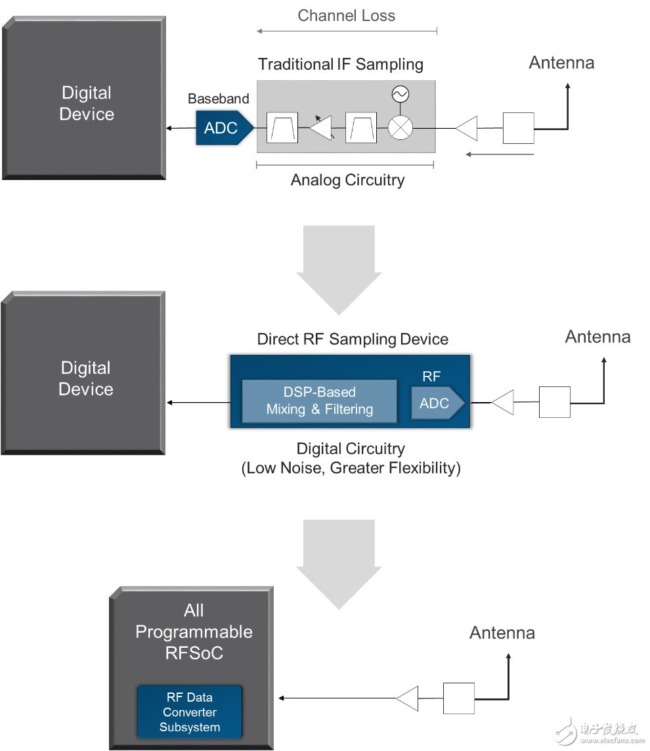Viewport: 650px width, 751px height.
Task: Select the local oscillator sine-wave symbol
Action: (399, 95)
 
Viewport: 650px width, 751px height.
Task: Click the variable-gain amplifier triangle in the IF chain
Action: (322, 127)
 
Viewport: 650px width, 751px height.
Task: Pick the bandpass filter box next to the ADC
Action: (282, 127)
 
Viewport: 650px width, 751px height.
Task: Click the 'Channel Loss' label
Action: (346, 15)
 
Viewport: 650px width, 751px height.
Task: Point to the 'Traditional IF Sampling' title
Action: (340, 64)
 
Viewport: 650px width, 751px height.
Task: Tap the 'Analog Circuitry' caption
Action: (347, 180)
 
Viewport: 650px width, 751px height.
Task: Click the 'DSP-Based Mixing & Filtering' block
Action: (319, 401)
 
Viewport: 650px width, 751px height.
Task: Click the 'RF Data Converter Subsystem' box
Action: (189, 712)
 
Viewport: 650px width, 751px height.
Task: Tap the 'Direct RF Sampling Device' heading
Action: (352, 339)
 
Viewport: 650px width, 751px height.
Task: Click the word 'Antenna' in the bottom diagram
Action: (502, 633)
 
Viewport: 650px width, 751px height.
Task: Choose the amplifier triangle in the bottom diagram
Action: (408, 698)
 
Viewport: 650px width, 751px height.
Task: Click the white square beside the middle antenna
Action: (554, 402)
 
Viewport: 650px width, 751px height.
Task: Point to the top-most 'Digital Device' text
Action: (86, 103)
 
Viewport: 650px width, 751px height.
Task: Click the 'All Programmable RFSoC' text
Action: (194, 631)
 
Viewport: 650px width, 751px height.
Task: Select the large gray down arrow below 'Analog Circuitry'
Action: (338, 263)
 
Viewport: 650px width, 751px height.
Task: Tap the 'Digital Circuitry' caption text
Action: (351, 449)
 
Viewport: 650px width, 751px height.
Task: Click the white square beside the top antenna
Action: (518, 128)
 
